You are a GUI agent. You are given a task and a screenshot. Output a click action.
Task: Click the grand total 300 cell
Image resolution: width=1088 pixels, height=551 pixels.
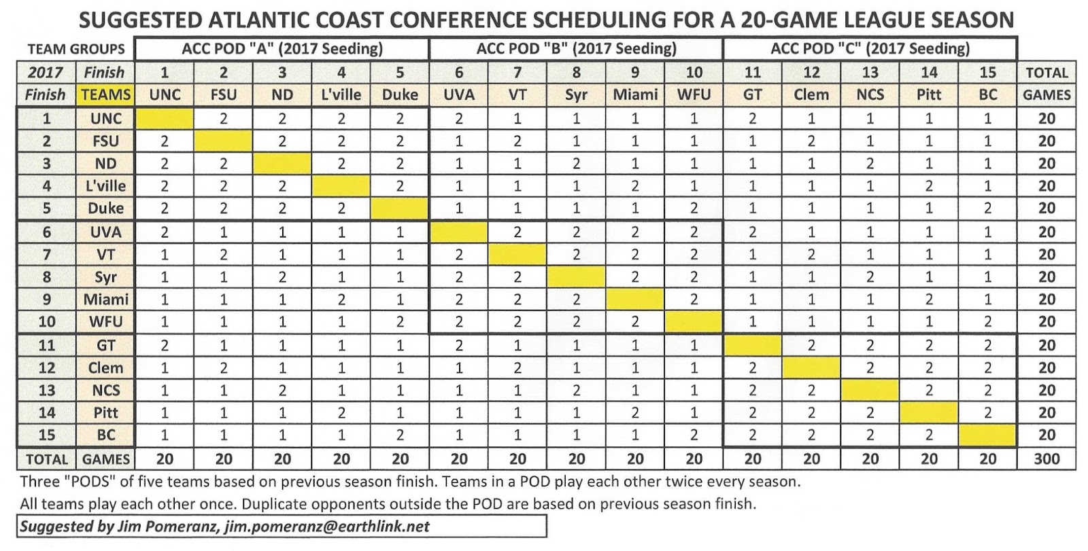(x=1047, y=459)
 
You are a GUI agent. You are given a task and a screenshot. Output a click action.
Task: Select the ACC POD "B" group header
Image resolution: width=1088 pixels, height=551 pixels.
(x=576, y=48)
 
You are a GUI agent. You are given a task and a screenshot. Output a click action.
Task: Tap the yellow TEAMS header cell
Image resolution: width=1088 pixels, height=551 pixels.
(x=105, y=95)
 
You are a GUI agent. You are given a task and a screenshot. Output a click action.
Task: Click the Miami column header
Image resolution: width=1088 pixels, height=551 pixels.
(x=635, y=95)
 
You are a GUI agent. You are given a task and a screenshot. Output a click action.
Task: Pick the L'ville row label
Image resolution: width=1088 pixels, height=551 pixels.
(x=105, y=185)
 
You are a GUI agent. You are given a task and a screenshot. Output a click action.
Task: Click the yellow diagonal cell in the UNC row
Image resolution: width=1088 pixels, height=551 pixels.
(x=165, y=118)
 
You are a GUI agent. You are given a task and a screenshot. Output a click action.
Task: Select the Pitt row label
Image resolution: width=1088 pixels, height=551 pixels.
(x=105, y=412)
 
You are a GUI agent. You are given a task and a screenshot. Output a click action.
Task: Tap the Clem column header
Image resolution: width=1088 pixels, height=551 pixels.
(x=811, y=95)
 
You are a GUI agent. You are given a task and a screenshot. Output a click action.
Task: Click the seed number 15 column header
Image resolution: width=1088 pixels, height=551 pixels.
(x=987, y=73)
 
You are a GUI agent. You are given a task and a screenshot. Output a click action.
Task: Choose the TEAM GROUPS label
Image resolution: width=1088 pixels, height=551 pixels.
(x=76, y=49)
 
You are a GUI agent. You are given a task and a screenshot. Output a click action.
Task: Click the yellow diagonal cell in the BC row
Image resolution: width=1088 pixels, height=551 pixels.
(x=987, y=435)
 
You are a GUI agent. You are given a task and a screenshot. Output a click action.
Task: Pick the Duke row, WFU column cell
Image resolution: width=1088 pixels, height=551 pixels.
(x=694, y=208)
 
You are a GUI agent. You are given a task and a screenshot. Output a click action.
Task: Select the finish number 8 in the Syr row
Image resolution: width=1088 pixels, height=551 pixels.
(x=46, y=277)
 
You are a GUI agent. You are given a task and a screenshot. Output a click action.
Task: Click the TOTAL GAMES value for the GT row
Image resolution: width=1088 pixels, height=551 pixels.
(x=1047, y=345)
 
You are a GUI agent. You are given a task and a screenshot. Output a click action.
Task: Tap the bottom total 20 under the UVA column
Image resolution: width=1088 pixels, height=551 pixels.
(x=459, y=459)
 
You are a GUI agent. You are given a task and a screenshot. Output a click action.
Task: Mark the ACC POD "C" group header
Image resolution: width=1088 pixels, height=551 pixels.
(x=870, y=48)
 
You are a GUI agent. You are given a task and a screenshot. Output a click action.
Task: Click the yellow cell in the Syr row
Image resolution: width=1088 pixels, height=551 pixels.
(x=576, y=277)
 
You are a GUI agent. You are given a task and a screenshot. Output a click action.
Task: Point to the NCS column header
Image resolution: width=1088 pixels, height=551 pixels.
(x=870, y=95)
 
